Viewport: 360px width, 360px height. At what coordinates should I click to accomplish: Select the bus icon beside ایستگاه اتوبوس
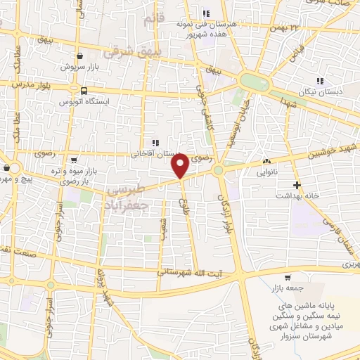[x=84, y=91]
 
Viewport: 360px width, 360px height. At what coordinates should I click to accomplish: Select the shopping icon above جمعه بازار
[x=290, y=278]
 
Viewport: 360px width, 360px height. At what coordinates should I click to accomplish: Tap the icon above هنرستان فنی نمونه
[x=206, y=13]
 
